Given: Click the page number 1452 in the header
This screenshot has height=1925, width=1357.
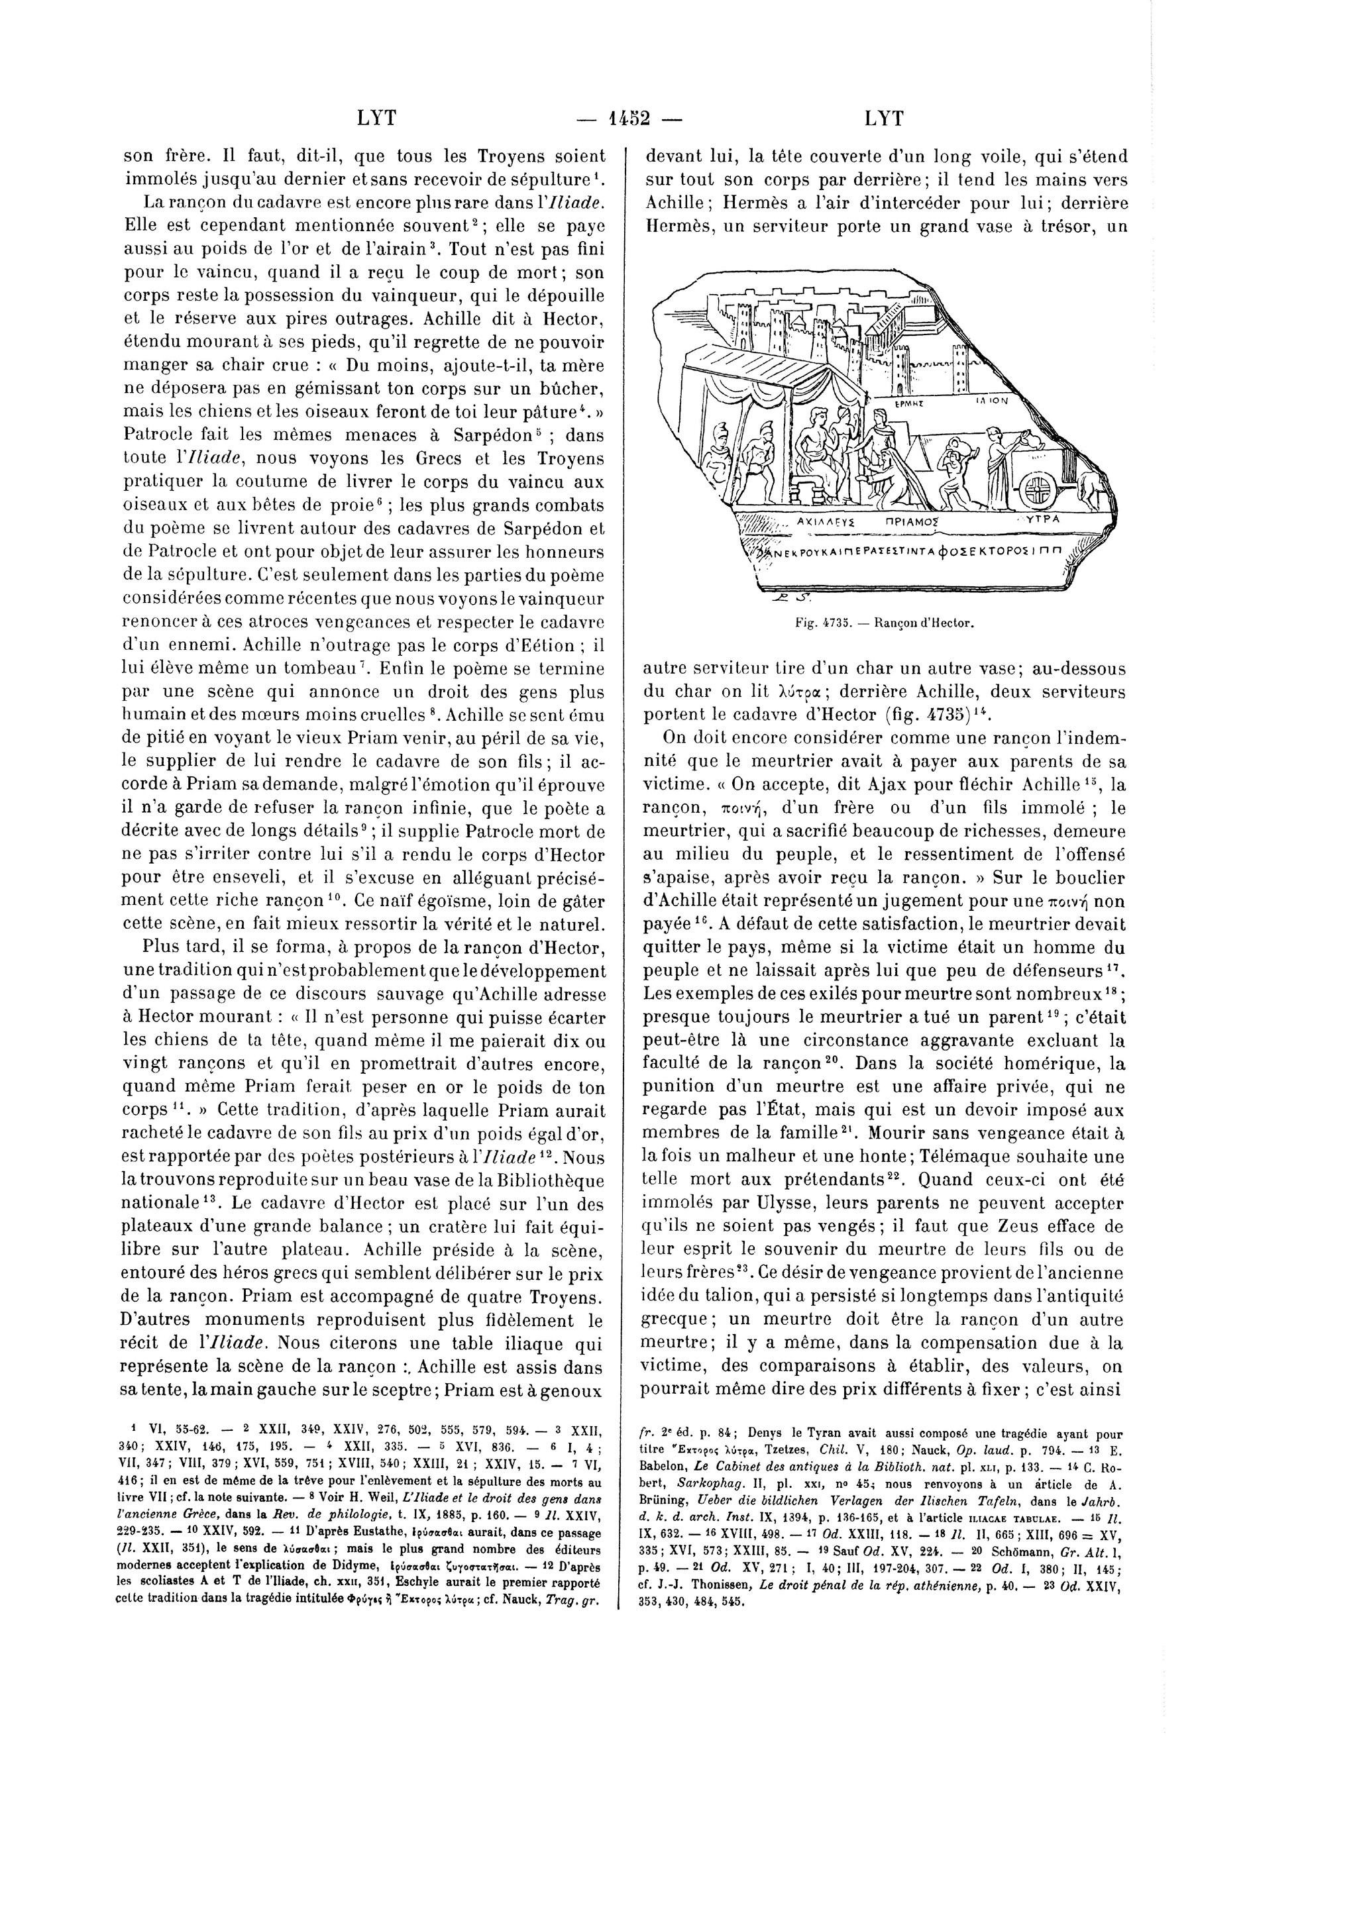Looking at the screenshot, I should click(630, 118).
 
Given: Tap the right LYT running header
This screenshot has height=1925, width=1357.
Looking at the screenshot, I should click(884, 118).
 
